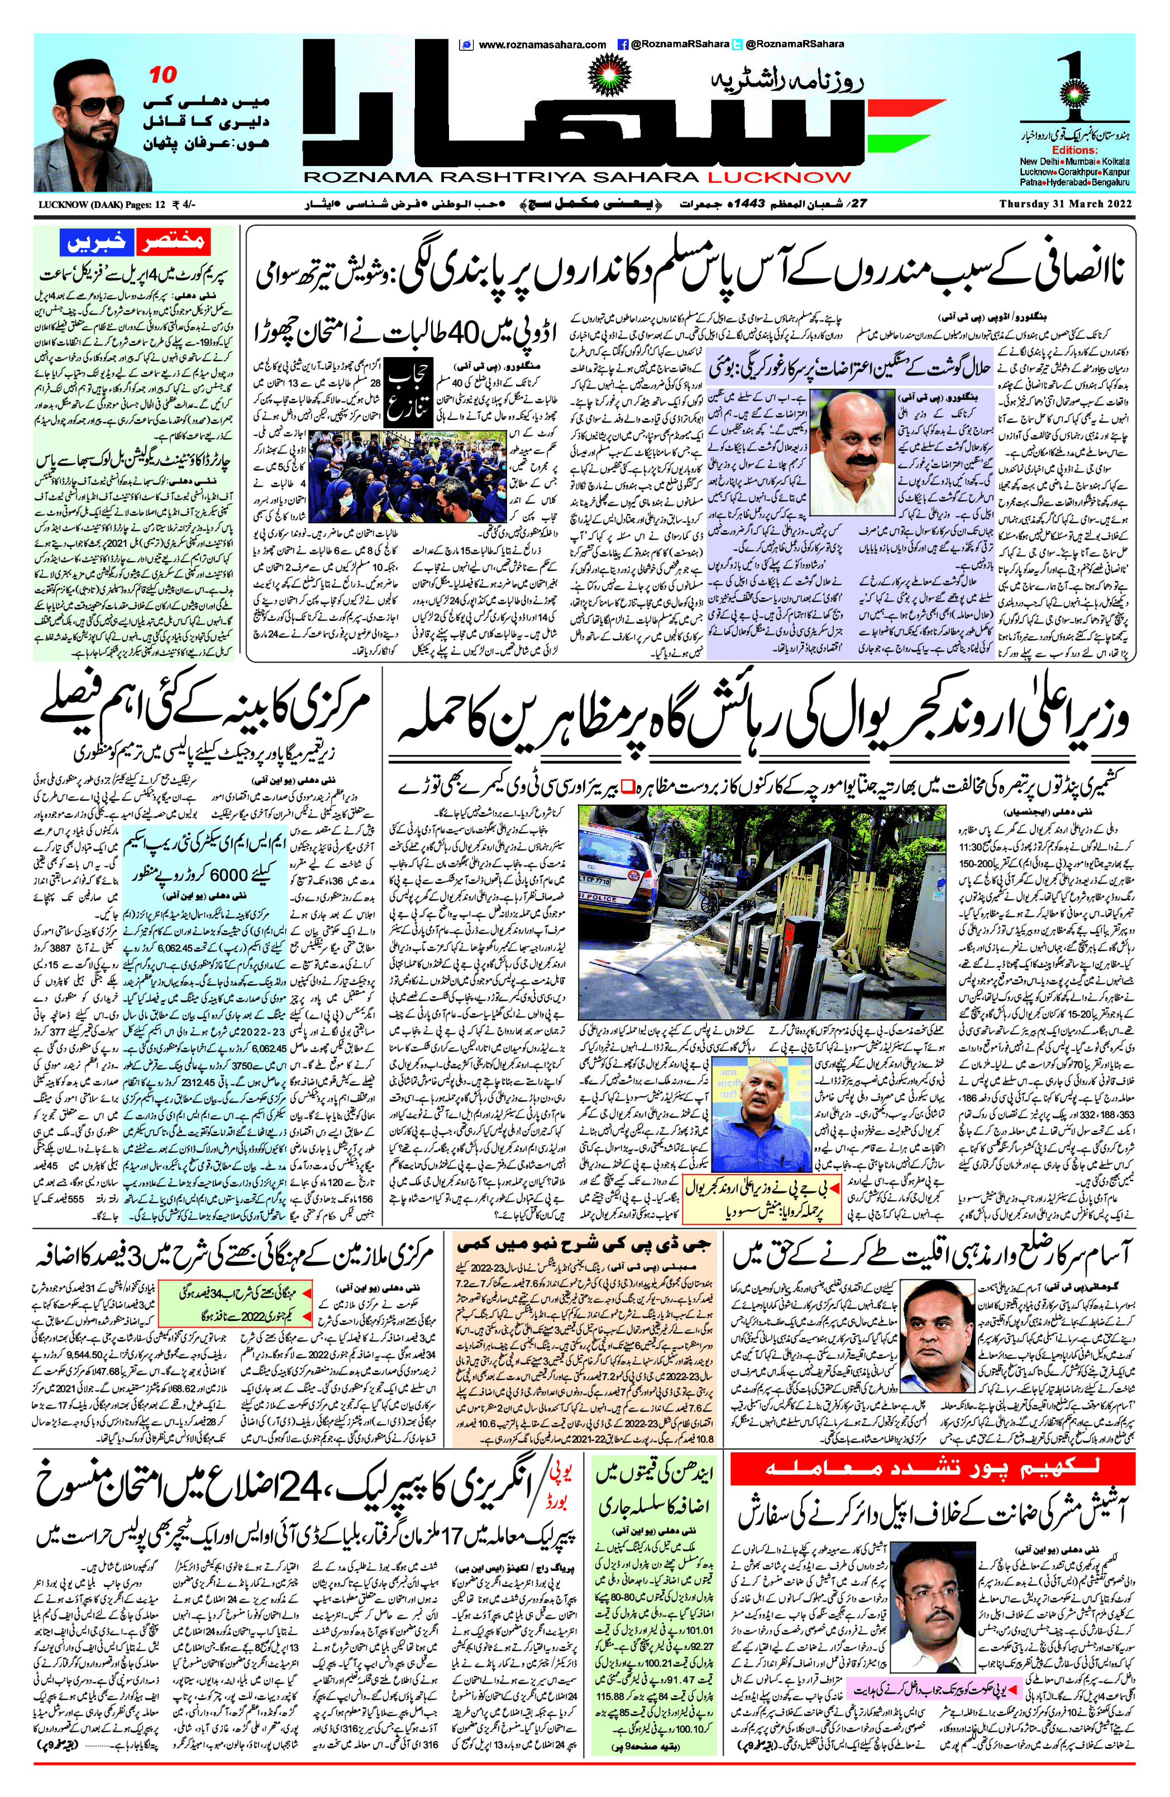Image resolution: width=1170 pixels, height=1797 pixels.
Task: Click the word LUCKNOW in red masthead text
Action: (779, 178)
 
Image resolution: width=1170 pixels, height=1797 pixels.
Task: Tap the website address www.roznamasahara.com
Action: (542, 45)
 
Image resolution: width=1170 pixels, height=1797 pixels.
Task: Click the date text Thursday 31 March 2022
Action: (1064, 204)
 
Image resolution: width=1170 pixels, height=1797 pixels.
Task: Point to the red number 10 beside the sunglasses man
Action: (163, 75)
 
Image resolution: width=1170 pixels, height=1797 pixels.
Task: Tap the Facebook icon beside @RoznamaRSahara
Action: (623, 45)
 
